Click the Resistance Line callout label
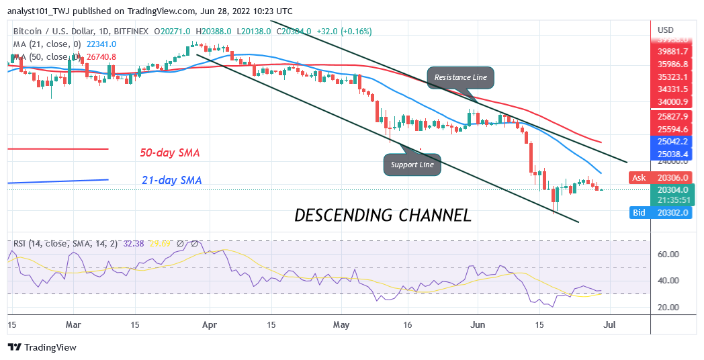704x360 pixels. pos(460,77)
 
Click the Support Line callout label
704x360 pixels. pos(413,165)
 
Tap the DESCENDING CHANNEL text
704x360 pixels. pos(383,216)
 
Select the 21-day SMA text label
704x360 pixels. pos(172,180)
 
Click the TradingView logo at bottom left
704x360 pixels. pos(42,347)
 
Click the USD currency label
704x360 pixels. pos(666,30)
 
